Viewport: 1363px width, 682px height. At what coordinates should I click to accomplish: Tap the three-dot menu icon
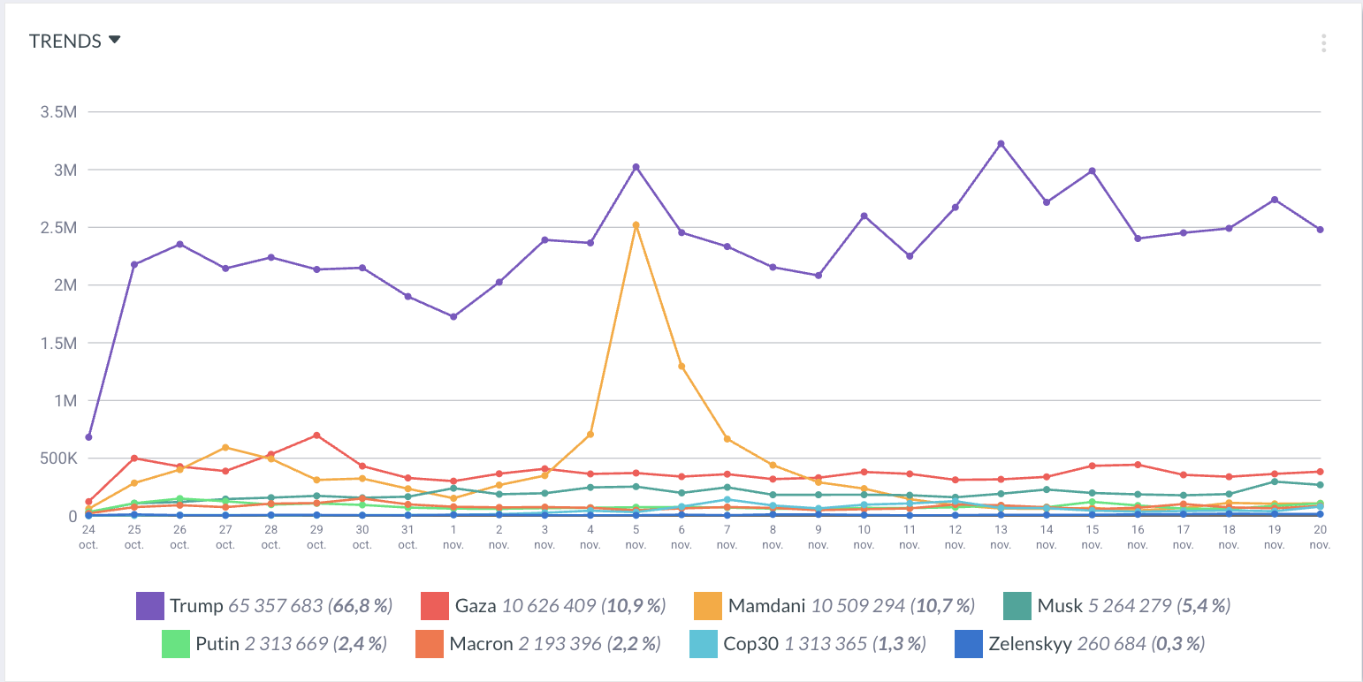[x=1323, y=43]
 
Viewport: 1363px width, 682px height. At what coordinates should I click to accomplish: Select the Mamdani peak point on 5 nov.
[x=636, y=225]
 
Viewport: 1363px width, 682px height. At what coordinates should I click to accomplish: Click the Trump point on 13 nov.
[x=1001, y=143]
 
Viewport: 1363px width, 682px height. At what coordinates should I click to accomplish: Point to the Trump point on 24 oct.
[x=88, y=437]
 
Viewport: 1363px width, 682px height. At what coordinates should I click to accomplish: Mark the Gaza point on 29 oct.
[x=316, y=436]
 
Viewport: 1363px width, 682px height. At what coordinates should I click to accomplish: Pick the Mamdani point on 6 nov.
[x=681, y=366]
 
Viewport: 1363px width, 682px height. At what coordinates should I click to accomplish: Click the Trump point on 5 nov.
[x=636, y=167]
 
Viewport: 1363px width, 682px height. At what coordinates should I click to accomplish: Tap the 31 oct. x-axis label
[x=407, y=536]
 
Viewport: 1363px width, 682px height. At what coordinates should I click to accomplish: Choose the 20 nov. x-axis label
[x=1320, y=536]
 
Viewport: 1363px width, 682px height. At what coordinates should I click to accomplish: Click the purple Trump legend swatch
[x=150, y=606]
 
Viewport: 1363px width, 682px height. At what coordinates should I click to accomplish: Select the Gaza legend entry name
[x=476, y=606]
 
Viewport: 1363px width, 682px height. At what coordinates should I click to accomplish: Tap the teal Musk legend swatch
[x=1017, y=606]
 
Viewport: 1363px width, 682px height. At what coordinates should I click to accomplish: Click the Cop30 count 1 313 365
[x=826, y=643]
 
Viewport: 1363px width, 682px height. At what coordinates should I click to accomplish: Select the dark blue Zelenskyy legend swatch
[x=970, y=643]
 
